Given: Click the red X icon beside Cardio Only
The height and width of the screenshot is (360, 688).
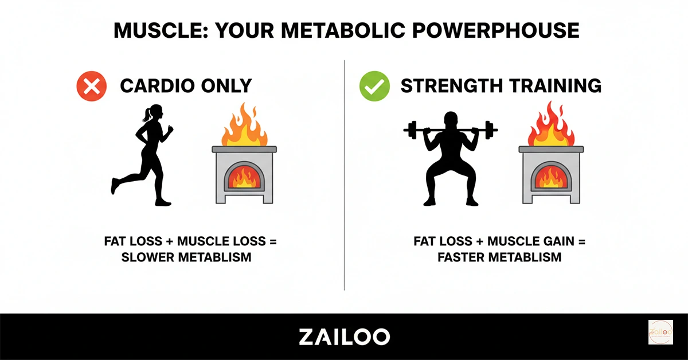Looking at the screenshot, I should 92,87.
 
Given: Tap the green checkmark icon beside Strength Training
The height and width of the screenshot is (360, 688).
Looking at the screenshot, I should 374,87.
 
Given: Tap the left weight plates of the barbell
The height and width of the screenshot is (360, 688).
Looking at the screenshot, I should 411,130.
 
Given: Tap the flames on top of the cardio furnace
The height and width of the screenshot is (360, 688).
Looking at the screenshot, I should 244,126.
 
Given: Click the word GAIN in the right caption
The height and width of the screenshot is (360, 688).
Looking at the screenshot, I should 554,241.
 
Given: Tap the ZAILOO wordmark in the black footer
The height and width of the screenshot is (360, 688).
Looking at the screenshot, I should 344,336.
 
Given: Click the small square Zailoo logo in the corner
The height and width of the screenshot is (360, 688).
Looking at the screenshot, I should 660,332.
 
